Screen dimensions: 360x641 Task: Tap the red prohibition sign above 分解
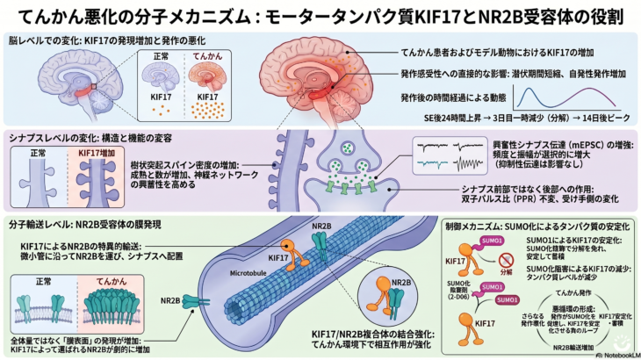pyautogui.click(x=506, y=260)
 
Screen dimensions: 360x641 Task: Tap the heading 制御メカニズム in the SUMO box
pyautogui.click(x=474, y=227)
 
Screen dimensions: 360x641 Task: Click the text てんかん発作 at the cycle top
pyautogui.click(x=565, y=292)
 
